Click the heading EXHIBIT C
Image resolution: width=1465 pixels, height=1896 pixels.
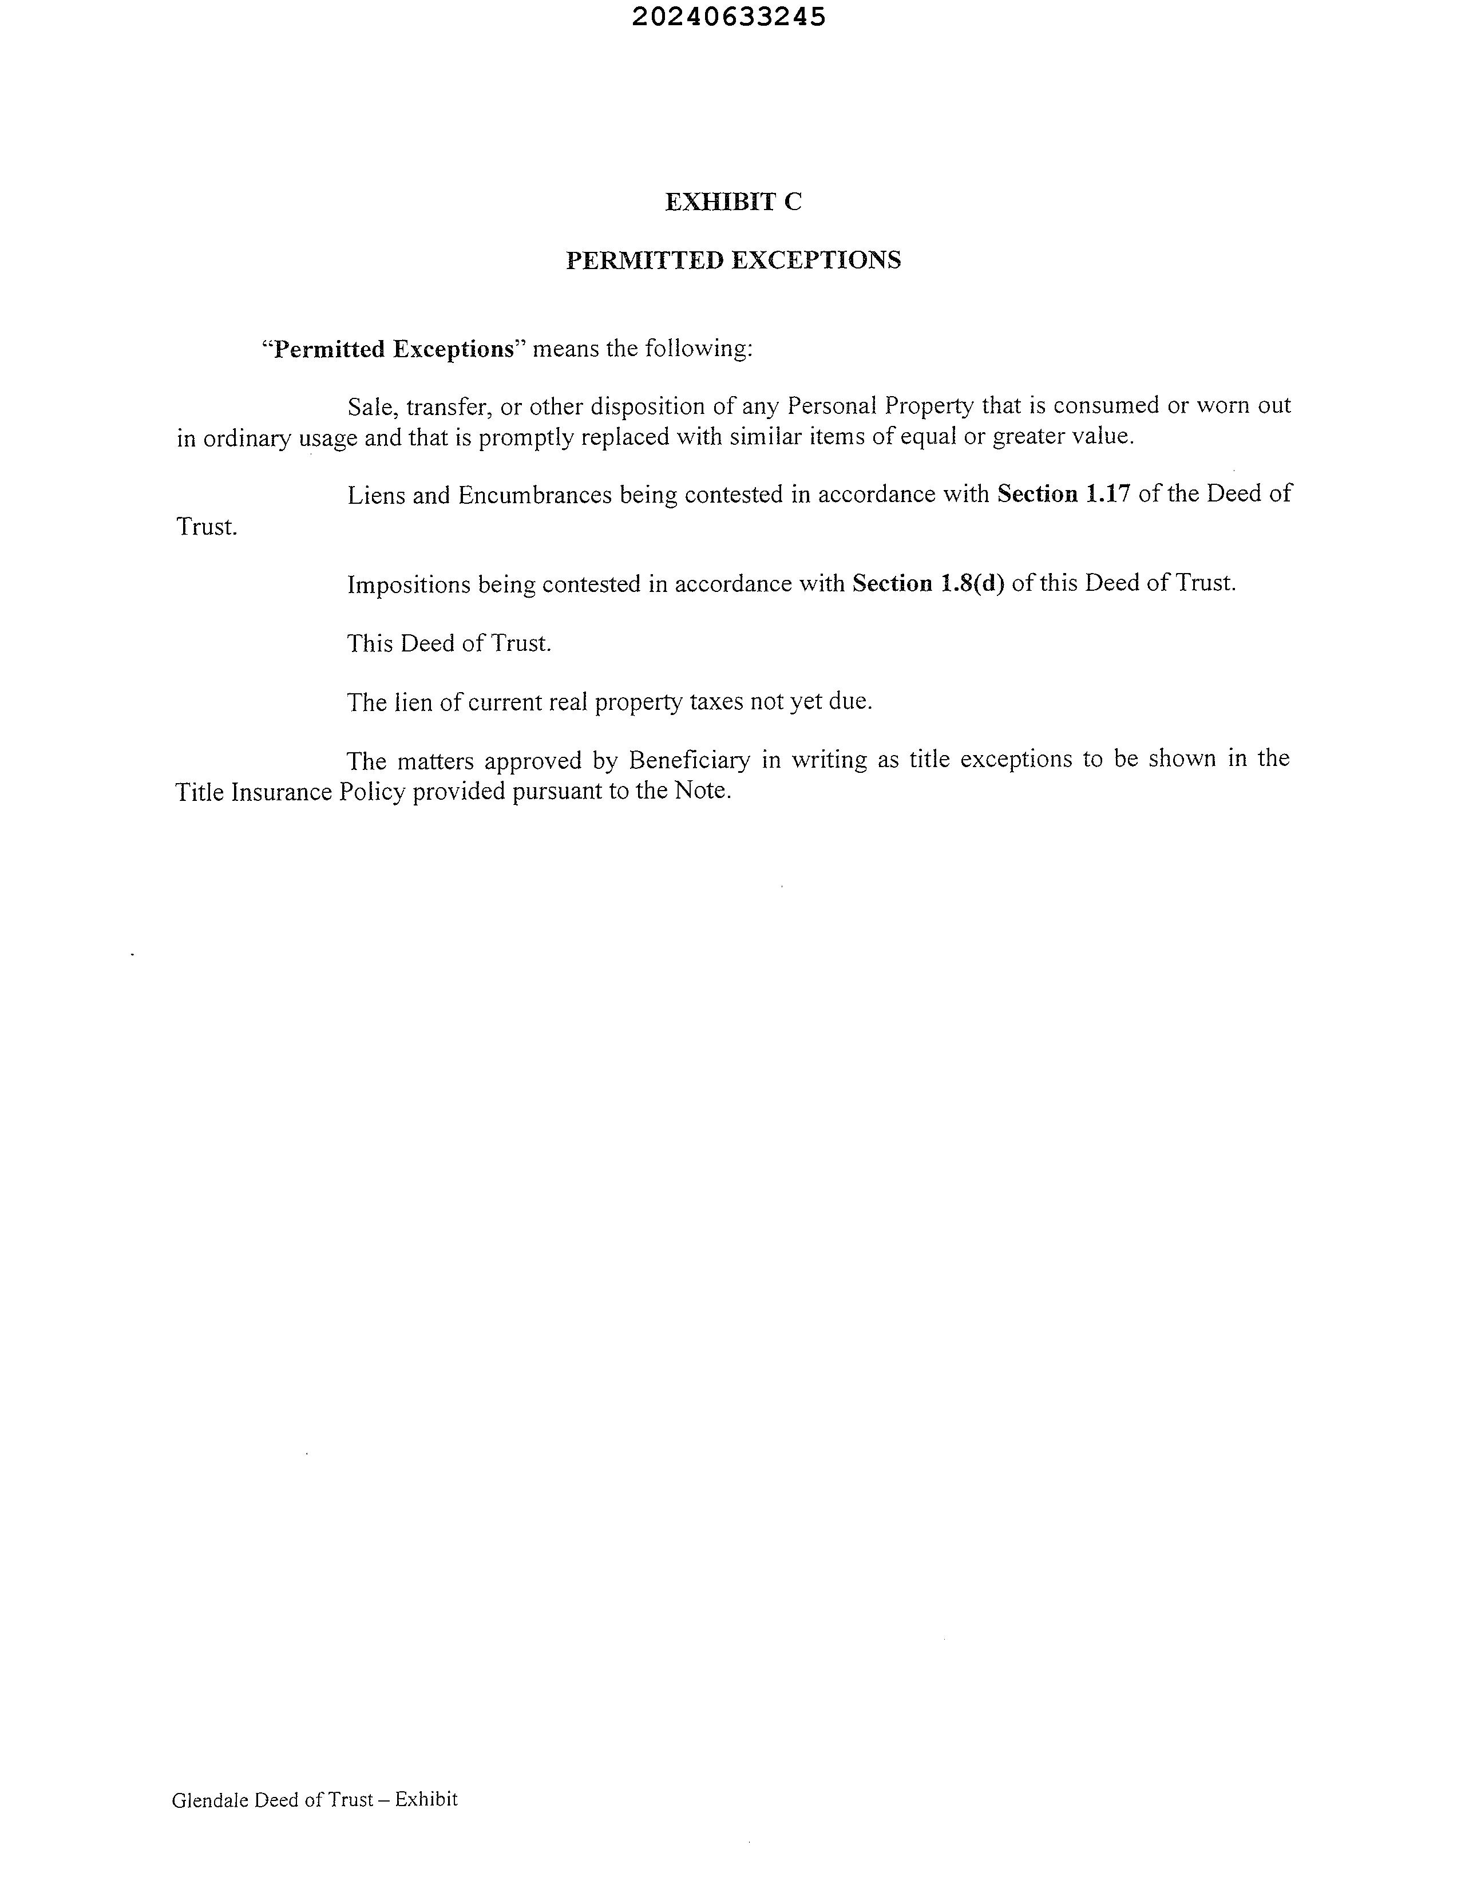pyautogui.click(x=734, y=202)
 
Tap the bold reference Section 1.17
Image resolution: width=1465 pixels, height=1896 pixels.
pyautogui.click(x=1063, y=494)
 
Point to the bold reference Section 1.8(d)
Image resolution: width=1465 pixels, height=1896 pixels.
pyautogui.click(x=928, y=583)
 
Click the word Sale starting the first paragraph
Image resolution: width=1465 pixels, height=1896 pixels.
pyautogui.click(x=371, y=406)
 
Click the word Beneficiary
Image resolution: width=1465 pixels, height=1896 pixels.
pyautogui.click(x=689, y=760)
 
